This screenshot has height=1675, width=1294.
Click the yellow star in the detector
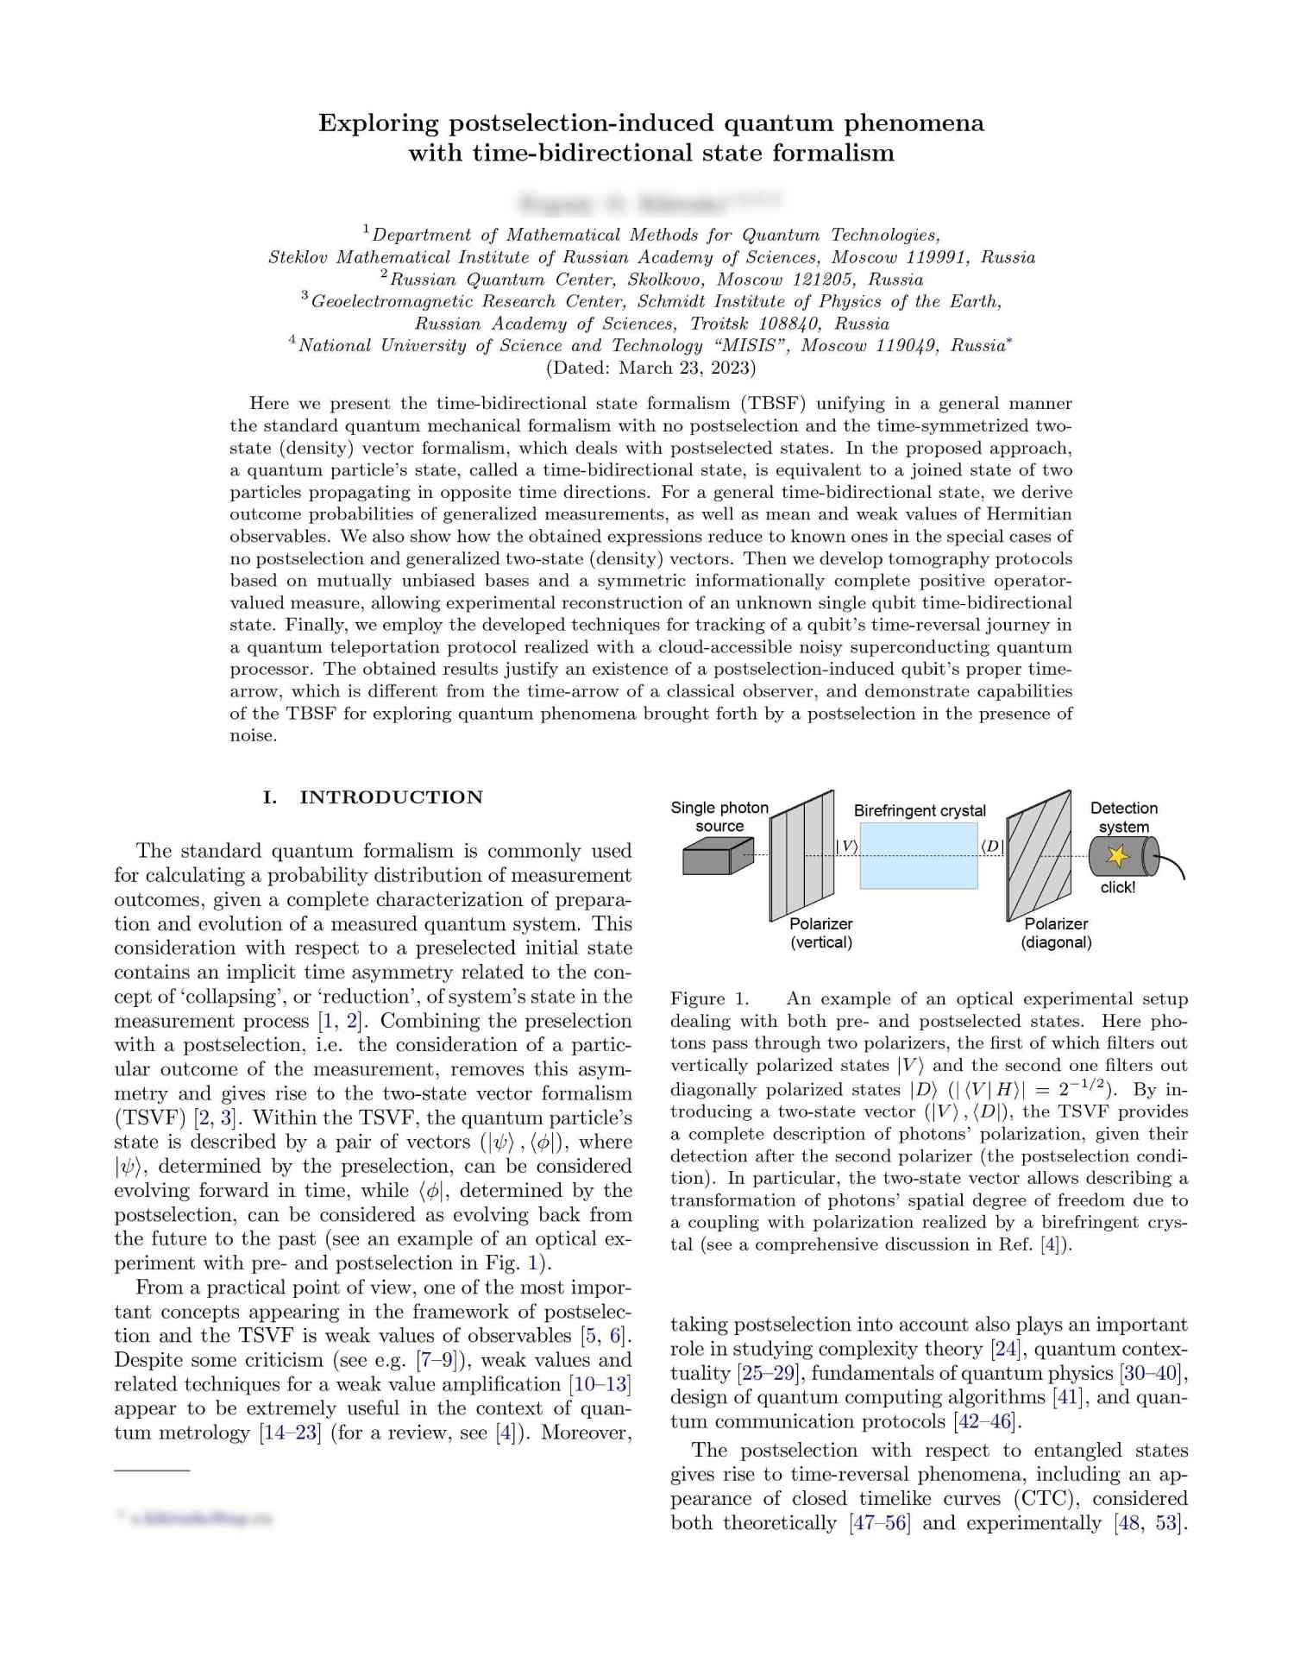[x=1117, y=856]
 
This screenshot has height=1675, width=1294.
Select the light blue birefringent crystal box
[x=919, y=855]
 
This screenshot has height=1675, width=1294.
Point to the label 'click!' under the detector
[x=1118, y=887]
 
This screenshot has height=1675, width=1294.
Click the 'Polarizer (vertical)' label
[x=821, y=933]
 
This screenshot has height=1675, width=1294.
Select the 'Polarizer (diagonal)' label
[x=1056, y=933]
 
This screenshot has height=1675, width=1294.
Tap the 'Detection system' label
[x=1123, y=817]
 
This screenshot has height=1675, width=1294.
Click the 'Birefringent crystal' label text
[x=920, y=810]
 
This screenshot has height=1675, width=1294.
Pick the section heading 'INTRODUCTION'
[x=391, y=797]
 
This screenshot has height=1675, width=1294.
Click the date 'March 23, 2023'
[x=685, y=368]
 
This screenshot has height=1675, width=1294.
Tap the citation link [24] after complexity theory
[x=1006, y=1349]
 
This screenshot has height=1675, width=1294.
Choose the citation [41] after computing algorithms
[x=1068, y=1397]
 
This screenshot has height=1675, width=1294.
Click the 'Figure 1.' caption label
[x=710, y=998]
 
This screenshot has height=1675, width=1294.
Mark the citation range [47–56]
[x=880, y=1523]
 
